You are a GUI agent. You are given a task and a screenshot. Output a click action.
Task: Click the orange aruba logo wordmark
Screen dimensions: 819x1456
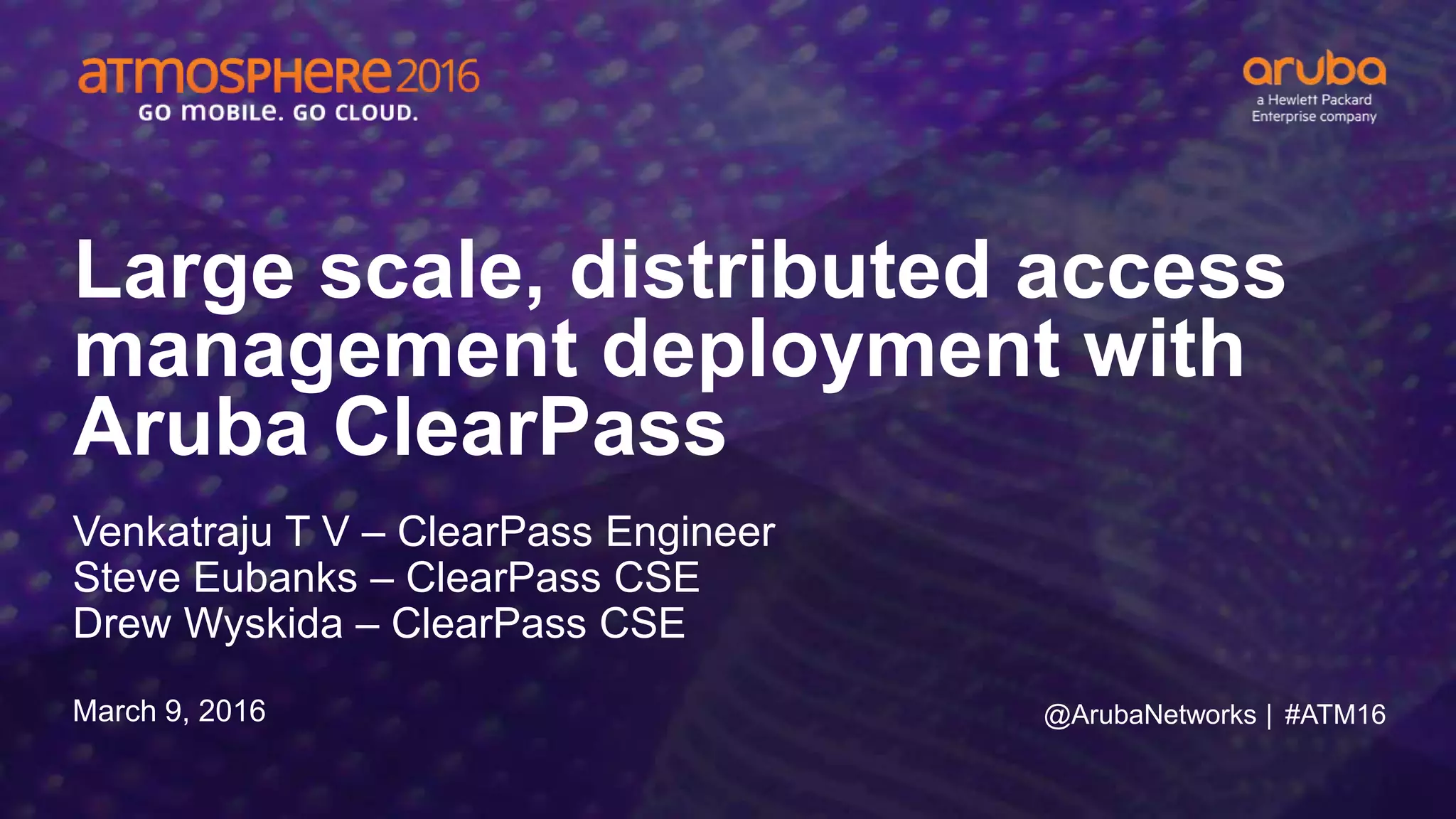(x=1314, y=70)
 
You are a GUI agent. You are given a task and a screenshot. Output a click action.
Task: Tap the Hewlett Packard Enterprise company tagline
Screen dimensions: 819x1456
(x=1314, y=108)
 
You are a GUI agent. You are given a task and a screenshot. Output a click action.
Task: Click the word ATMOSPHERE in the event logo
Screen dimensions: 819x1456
(x=235, y=76)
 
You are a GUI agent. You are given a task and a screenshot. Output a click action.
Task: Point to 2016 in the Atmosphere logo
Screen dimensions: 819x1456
(x=437, y=76)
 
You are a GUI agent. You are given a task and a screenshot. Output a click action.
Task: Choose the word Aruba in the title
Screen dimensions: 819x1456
(x=191, y=429)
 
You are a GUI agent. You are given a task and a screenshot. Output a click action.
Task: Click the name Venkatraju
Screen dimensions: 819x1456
(x=173, y=532)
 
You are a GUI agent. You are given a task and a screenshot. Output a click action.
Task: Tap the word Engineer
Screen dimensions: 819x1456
(x=690, y=532)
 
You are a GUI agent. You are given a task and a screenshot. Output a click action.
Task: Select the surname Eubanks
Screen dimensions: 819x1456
(x=275, y=577)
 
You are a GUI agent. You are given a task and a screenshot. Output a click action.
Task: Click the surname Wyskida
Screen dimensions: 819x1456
(x=264, y=623)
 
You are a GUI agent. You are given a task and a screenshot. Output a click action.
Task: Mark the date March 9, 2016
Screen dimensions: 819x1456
(x=169, y=711)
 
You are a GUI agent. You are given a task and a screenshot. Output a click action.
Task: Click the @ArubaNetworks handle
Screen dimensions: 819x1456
(x=1150, y=714)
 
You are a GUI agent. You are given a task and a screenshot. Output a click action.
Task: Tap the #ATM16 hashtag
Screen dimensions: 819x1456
(x=1335, y=714)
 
